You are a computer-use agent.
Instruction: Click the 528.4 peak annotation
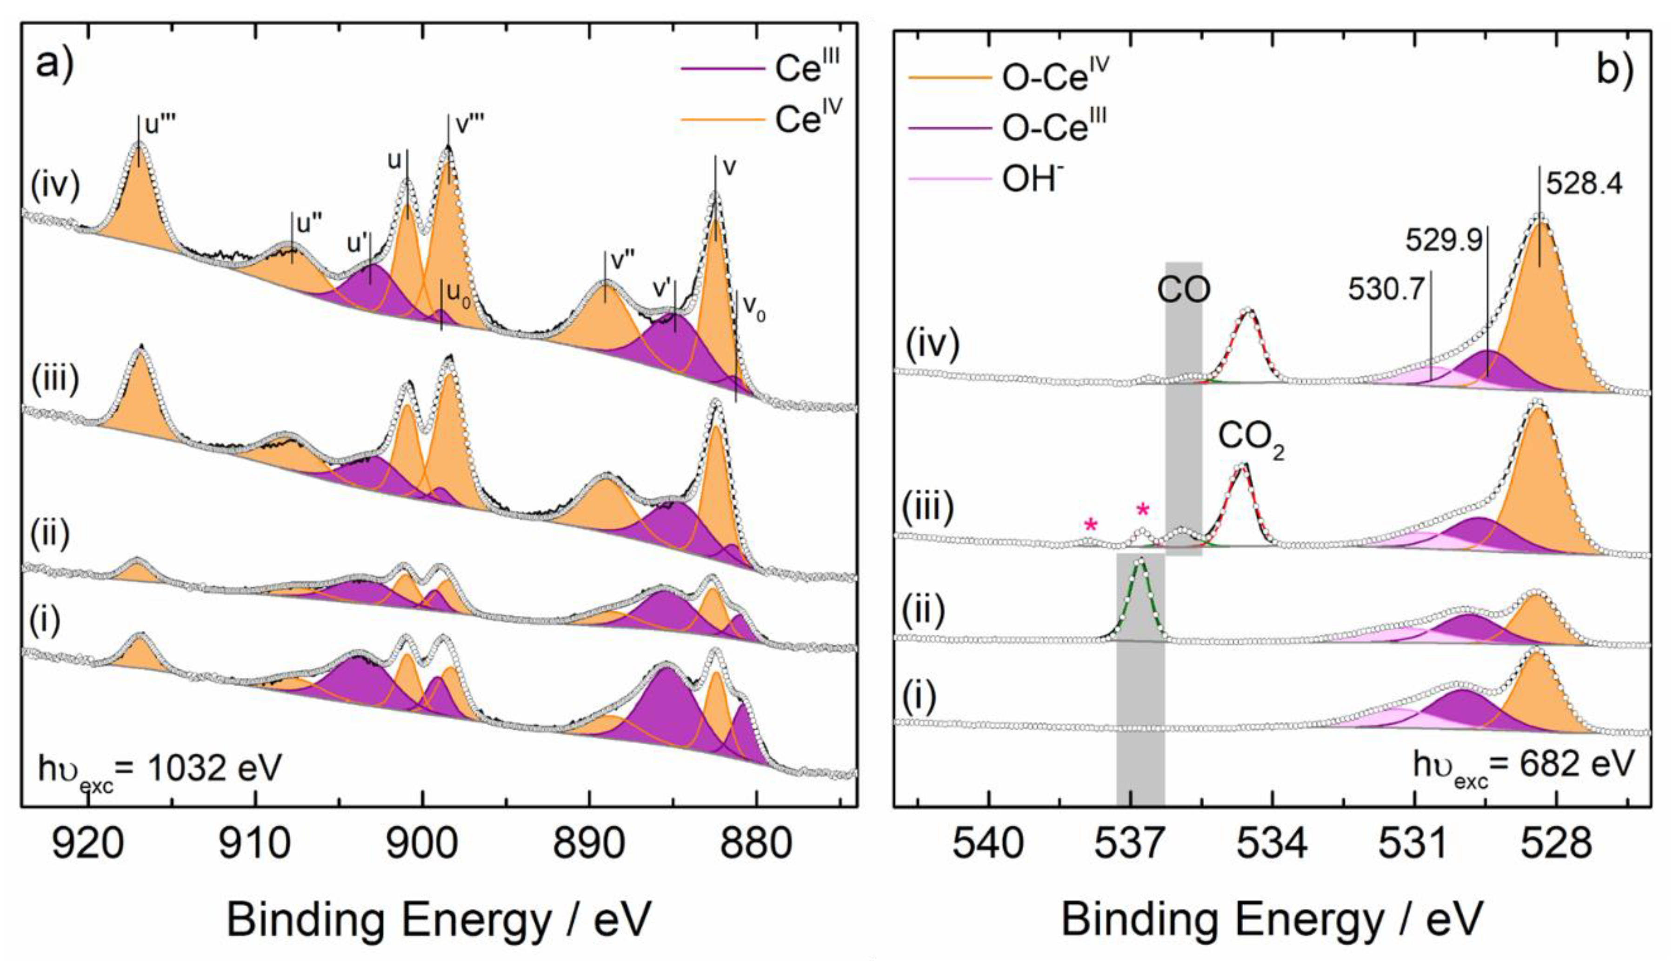point(1584,185)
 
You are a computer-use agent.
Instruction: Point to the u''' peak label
point(159,126)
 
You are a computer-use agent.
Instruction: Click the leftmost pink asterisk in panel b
point(1091,525)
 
